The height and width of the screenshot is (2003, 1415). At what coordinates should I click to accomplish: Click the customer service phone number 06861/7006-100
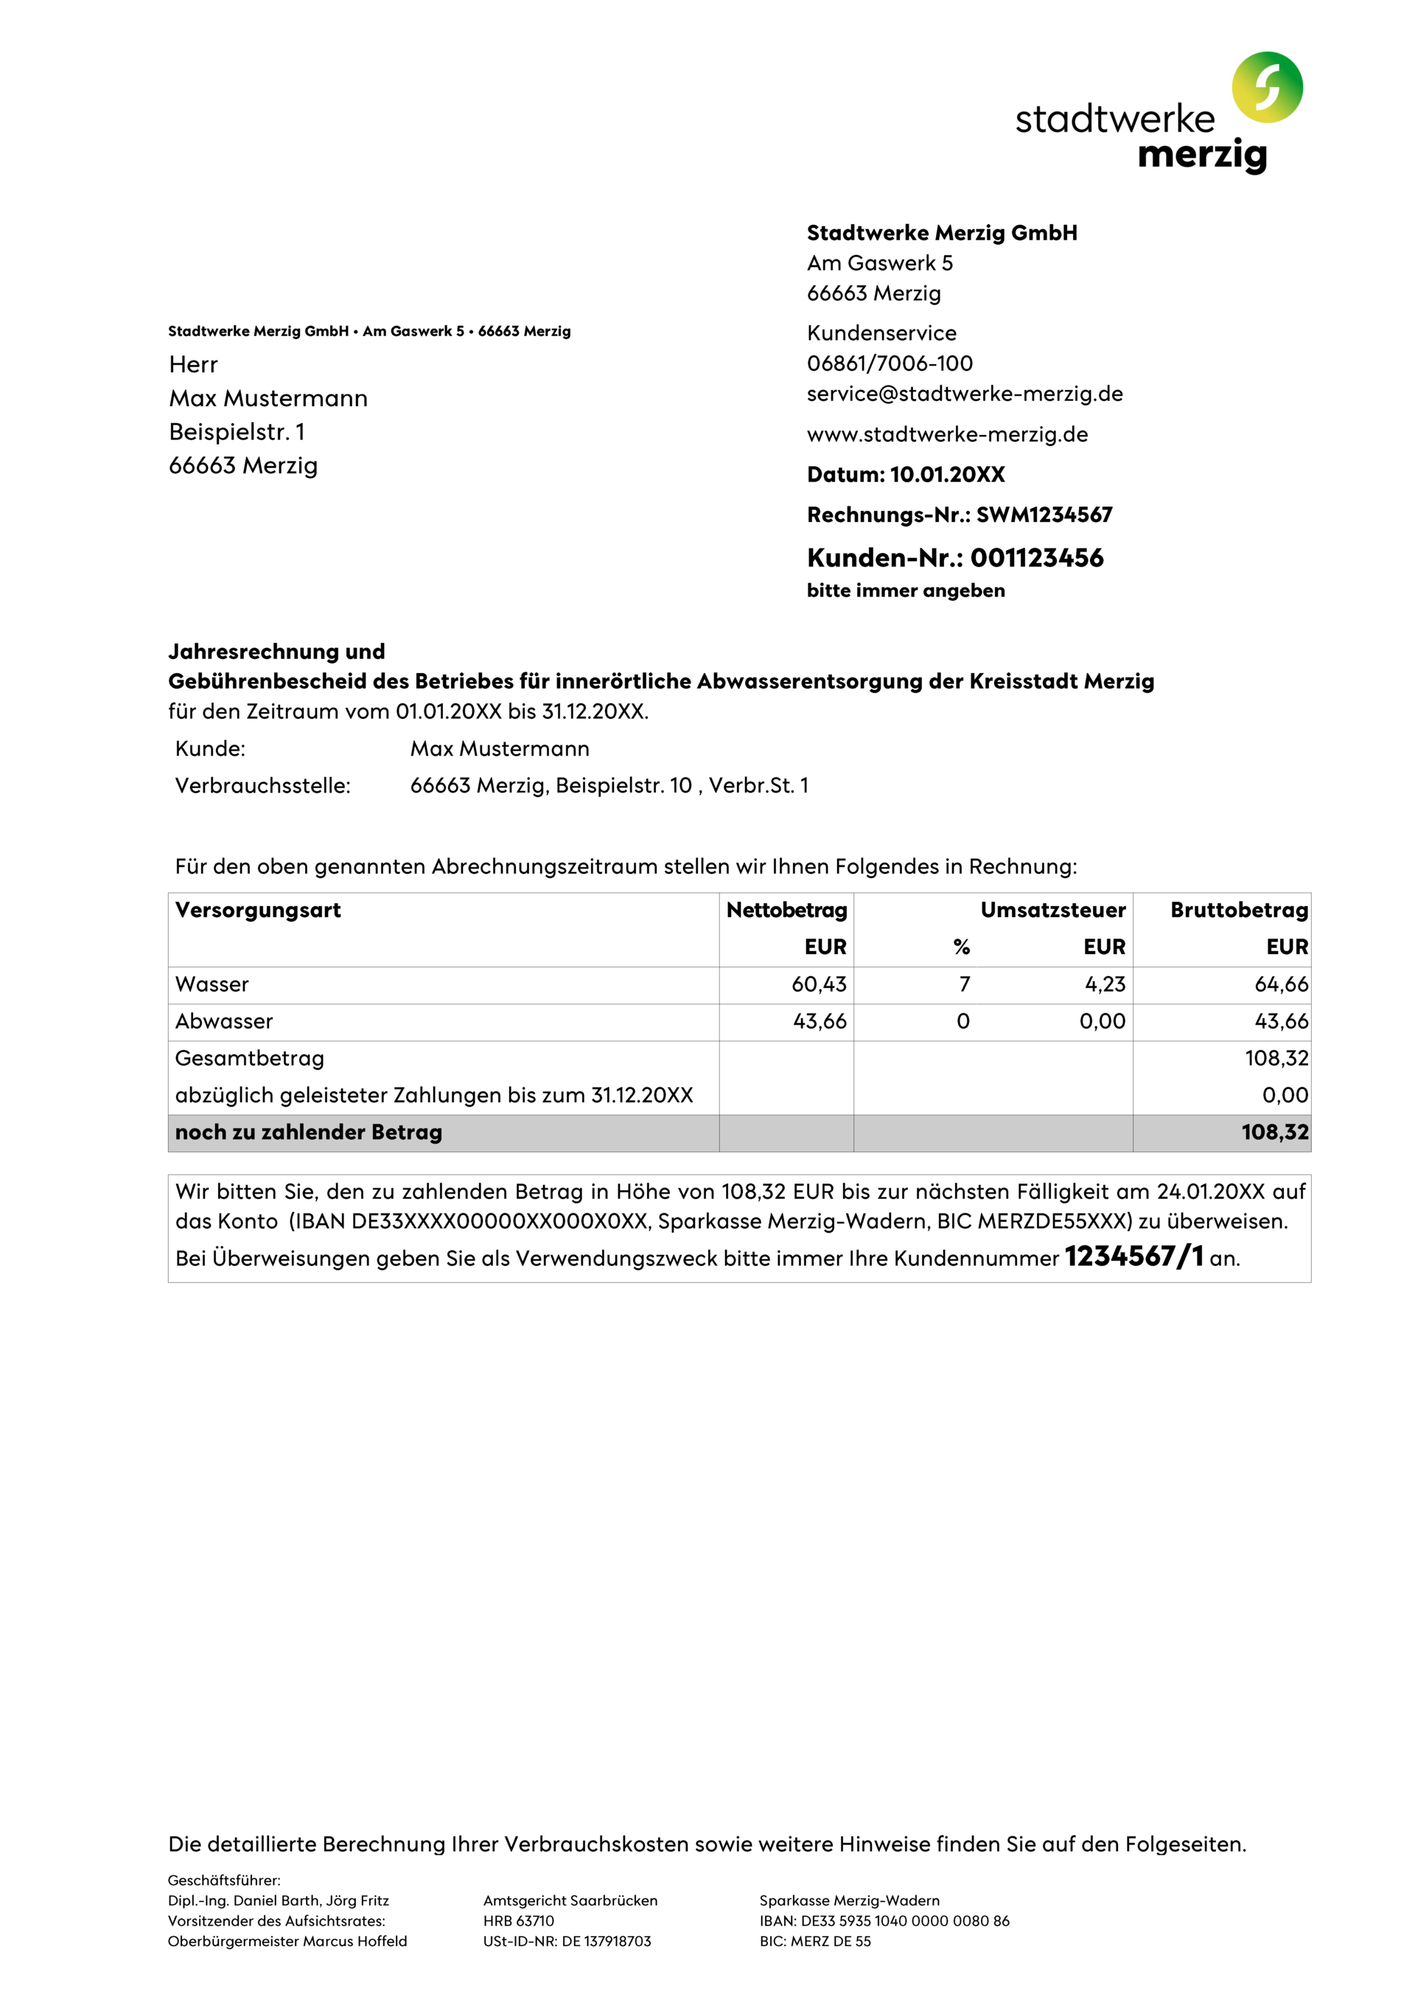tap(889, 363)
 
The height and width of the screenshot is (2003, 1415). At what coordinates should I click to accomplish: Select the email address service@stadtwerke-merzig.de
tap(964, 394)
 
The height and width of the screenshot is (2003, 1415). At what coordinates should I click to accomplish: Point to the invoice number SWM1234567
tap(1044, 515)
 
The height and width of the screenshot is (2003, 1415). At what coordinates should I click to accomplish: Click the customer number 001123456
tap(1036, 557)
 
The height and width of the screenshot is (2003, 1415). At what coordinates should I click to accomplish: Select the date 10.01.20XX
tap(946, 475)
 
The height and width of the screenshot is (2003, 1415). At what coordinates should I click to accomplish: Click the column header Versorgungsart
tap(257, 910)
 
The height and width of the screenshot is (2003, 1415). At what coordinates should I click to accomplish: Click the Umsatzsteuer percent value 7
tap(964, 984)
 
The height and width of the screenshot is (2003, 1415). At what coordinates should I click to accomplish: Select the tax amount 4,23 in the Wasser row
tap(1105, 984)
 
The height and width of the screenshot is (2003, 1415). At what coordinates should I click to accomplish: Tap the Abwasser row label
tap(223, 1021)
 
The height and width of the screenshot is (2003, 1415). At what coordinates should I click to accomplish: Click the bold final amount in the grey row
tap(1273, 1132)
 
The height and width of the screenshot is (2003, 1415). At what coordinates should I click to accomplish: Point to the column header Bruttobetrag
tap(1238, 910)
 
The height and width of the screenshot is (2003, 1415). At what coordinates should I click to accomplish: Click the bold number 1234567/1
tap(1133, 1256)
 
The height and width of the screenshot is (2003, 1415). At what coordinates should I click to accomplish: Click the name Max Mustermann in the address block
tap(268, 399)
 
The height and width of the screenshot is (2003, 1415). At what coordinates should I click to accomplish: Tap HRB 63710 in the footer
tap(518, 1921)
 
